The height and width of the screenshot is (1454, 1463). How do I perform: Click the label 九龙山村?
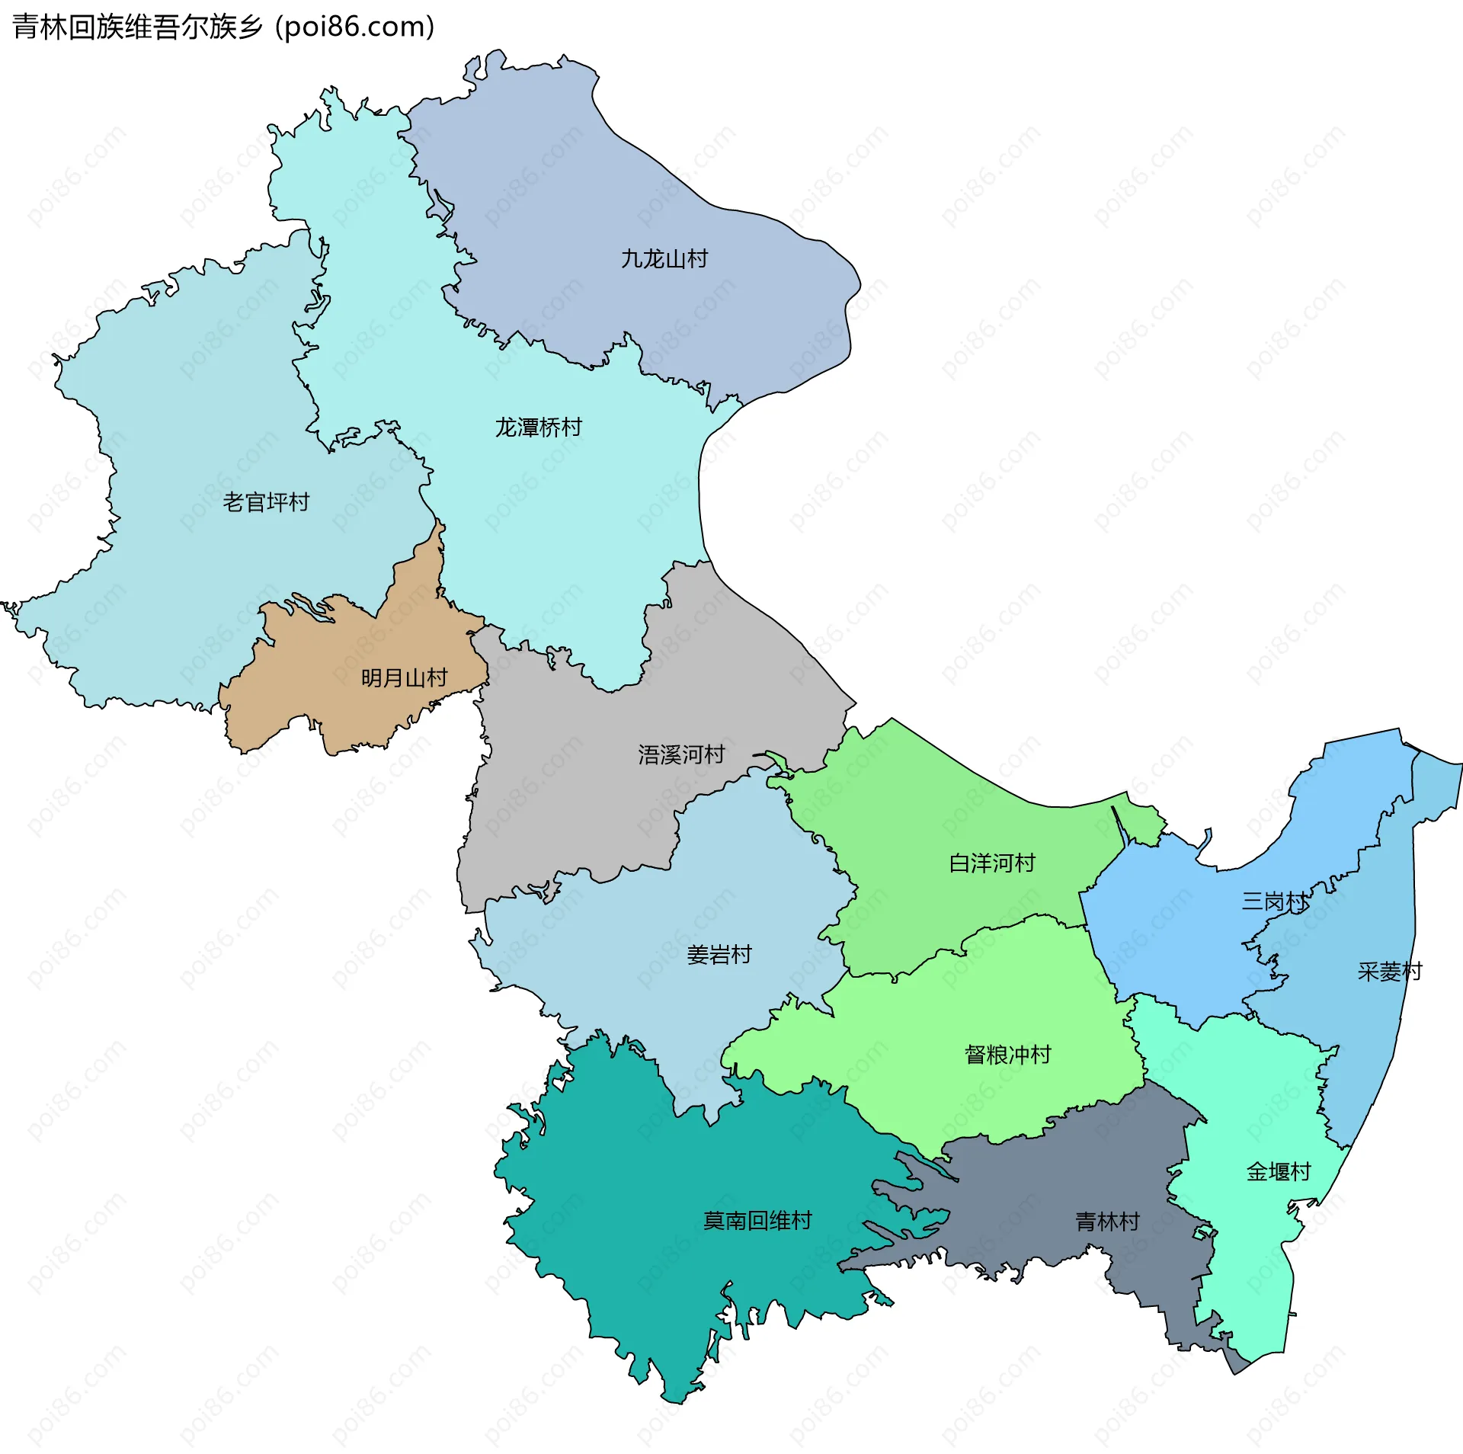pos(664,259)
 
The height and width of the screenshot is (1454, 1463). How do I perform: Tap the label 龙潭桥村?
pos(538,427)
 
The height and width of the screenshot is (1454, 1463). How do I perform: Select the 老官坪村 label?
pos(266,502)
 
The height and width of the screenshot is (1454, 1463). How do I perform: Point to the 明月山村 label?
pos(404,677)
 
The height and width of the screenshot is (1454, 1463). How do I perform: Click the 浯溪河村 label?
pos(680,754)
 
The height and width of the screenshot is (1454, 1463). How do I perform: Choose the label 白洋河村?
pos(991,863)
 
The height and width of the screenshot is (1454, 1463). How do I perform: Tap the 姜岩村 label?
pos(719,954)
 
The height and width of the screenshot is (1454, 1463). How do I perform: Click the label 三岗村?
pos(1274,902)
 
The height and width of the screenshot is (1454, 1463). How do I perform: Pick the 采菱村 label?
pos(1389,972)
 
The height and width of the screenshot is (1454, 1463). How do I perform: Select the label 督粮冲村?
pos(1007,1055)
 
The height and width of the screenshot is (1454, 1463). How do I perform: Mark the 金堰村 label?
pos(1278,1171)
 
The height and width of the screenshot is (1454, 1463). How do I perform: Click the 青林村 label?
pos(1106,1222)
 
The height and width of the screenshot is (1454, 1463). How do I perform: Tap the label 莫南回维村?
pos(757,1221)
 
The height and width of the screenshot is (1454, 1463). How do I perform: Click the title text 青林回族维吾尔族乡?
pos(137,27)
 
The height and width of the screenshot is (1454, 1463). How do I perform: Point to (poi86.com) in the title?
pos(355,27)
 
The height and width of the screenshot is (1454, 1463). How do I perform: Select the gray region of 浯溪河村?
pos(579,800)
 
